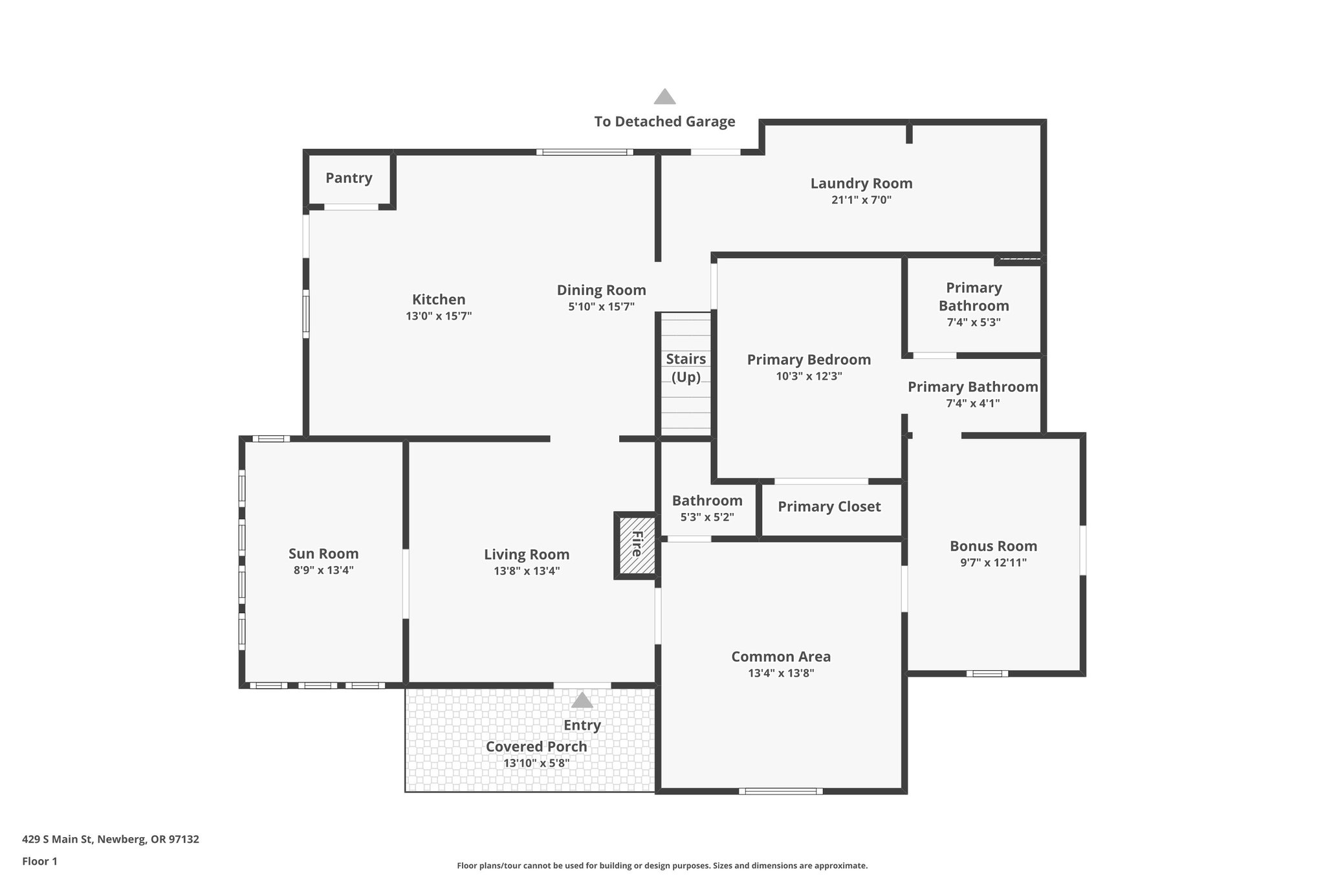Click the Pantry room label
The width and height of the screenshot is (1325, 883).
coord(349,178)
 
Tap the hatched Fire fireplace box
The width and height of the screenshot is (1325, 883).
coord(636,544)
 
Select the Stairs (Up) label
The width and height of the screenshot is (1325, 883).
coord(686,367)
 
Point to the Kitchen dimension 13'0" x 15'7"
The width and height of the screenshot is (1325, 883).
coord(439,316)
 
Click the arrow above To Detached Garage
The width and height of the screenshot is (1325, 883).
coord(664,97)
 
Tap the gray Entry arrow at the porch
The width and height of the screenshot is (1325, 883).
coord(582,700)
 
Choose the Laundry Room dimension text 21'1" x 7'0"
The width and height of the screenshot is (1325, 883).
coord(861,200)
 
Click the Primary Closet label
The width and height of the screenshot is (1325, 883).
coord(829,507)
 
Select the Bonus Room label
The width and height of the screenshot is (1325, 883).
coord(993,546)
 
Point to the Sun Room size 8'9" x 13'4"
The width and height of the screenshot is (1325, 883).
coord(323,571)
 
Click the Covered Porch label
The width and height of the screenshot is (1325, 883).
coord(536,747)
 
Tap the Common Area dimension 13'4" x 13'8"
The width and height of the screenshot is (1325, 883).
coord(781,673)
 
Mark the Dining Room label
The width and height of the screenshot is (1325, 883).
coord(601,290)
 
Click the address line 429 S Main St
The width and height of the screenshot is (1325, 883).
coord(111,840)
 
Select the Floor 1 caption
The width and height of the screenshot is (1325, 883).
coord(39,862)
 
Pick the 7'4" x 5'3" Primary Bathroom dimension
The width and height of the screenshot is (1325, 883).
coord(974,322)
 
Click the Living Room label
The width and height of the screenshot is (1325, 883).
coord(527,554)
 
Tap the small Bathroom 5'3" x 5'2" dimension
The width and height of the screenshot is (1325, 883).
coord(707,518)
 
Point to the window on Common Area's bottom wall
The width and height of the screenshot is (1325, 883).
coord(780,790)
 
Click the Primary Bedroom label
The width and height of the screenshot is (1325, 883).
coord(809,360)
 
